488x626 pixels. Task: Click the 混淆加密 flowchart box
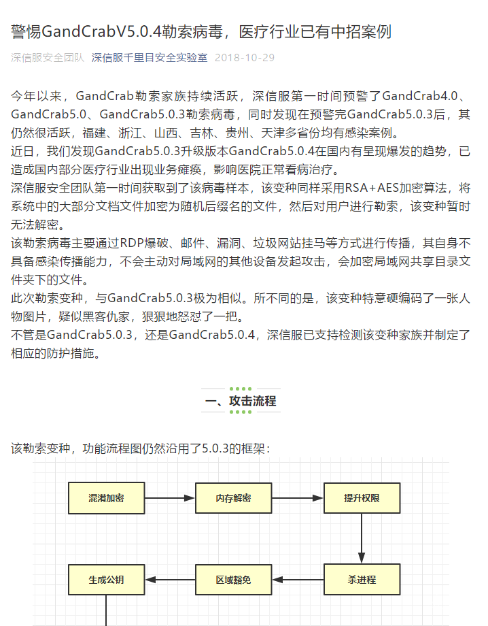click(x=106, y=498)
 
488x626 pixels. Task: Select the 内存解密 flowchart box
click(x=233, y=498)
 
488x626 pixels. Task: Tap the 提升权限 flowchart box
click(x=362, y=498)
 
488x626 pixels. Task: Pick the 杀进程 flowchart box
click(x=362, y=580)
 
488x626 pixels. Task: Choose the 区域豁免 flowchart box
click(x=233, y=580)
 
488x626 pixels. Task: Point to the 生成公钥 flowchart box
click(x=106, y=580)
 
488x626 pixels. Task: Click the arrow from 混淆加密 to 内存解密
click(x=169, y=498)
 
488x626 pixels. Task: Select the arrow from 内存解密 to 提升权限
click(x=297, y=498)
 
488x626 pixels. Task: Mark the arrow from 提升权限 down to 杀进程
click(x=362, y=539)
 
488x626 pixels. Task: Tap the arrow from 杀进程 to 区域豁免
click(x=297, y=580)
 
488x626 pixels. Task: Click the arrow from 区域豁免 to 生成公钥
click(x=169, y=580)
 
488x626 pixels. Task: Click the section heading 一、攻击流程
click(x=241, y=401)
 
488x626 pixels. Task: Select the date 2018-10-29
click(x=245, y=58)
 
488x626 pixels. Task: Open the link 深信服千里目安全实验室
click(x=150, y=58)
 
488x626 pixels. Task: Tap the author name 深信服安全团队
click(x=48, y=58)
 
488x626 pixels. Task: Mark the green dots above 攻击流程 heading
click(x=241, y=390)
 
